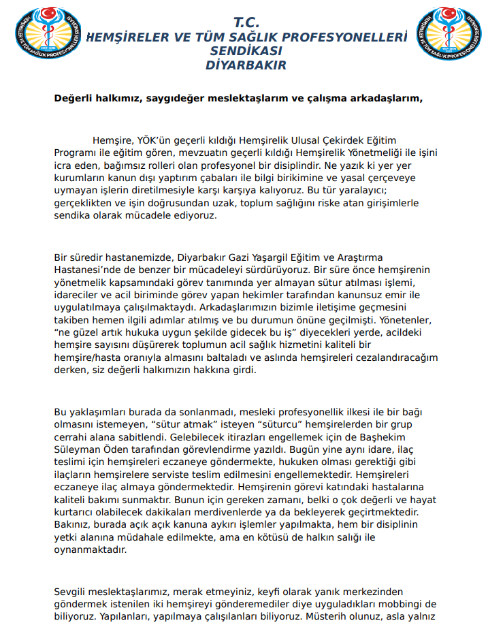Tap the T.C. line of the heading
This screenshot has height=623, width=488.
click(246, 23)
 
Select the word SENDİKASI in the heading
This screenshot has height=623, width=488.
click(246, 51)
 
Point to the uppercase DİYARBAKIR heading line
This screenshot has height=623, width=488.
click(246, 65)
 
